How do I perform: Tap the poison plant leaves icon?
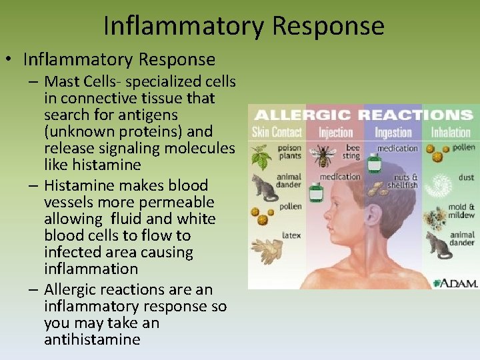262,158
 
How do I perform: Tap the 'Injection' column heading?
335,132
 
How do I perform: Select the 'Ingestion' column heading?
393,132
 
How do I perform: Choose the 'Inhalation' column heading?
451,132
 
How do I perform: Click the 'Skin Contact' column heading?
277,132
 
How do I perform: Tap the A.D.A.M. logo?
455,283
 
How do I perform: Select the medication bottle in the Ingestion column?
375,162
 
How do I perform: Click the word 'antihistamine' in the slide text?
92,339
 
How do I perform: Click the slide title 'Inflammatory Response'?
244,25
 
